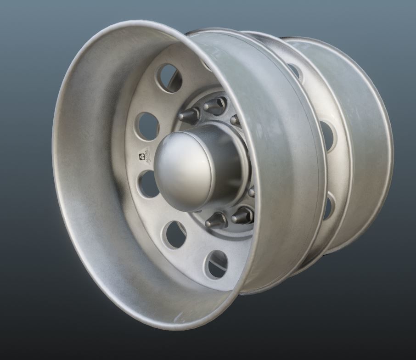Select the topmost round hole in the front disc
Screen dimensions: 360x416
169,78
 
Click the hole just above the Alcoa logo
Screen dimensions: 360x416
148,126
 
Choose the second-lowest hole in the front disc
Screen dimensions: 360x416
175,235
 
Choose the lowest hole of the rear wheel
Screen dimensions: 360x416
327,207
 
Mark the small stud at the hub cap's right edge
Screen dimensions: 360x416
252,191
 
